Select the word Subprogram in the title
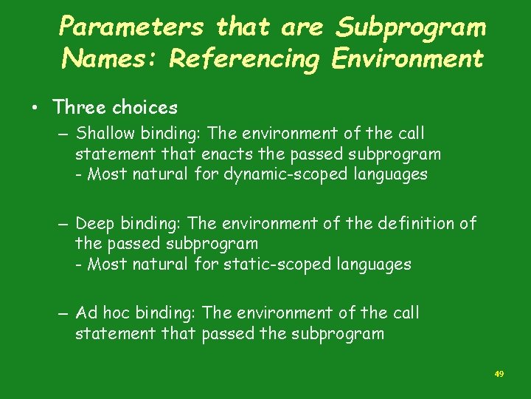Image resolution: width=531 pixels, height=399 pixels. tap(411, 28)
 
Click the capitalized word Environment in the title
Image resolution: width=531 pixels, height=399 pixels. tap(407, 58)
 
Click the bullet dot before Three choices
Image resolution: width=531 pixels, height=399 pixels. tap(35, 108)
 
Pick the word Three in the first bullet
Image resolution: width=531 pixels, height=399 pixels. tap(80, 108)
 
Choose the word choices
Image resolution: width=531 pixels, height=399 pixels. tap(145, 108)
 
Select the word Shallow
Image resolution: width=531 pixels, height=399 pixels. tap(103, 134)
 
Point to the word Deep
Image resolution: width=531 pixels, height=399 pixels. tap(92, 223)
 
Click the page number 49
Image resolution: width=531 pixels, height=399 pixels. tap(499, 375)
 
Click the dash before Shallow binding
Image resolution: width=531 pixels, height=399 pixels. tap(65, 134)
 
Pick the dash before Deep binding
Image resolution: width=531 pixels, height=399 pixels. tap(65, 224)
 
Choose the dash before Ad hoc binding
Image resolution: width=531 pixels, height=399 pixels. tap(65, 314)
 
